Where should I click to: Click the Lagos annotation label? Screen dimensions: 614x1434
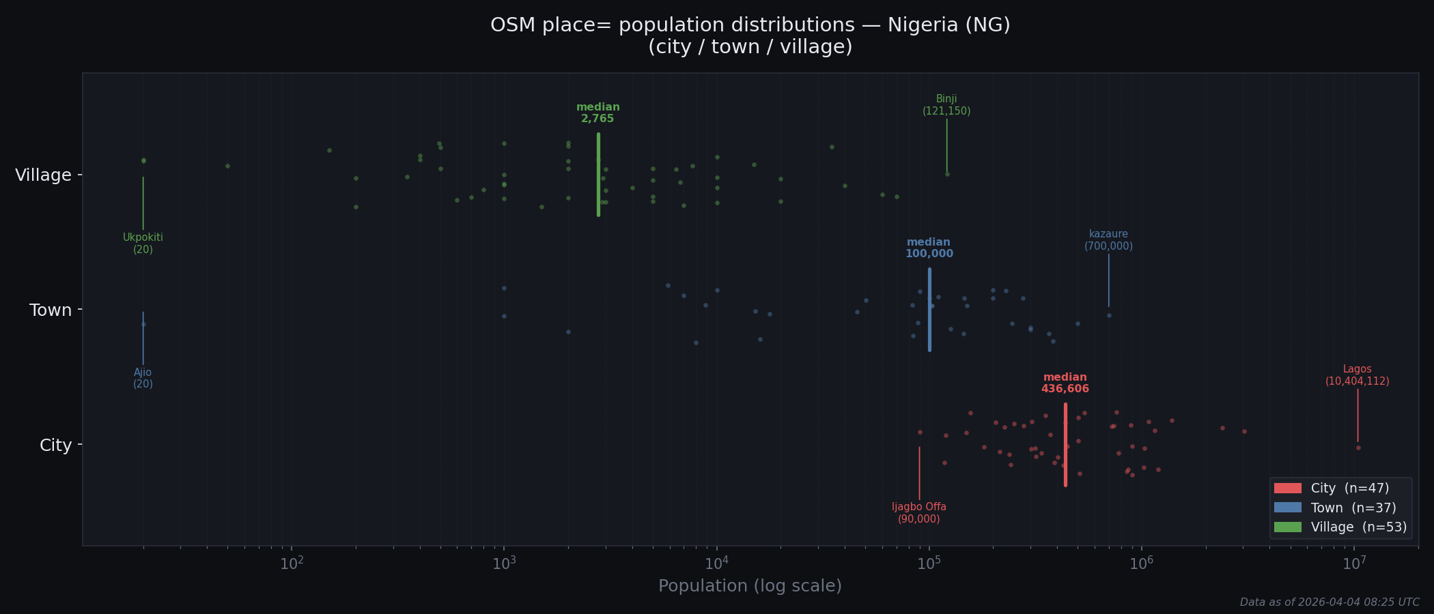point(1357,375)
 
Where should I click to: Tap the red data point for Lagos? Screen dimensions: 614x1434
point(1358,448)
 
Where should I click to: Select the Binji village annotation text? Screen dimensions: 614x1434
point(946,105)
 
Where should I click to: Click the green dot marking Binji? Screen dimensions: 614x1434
point(947,174)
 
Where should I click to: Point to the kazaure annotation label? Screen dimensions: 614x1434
point(1108,240)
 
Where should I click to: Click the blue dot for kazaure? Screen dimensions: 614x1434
point(1109,315)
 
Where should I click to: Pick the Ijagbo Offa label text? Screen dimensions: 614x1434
point(919,513)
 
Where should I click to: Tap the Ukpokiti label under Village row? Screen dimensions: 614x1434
point(143,244)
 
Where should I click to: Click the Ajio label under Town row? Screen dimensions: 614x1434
point(143,378)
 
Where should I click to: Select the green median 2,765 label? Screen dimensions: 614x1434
point(597,113)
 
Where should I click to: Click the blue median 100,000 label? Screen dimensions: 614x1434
point(929,248)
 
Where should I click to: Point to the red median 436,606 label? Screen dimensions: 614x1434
point(1065,383)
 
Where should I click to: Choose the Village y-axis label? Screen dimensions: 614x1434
point(44,175)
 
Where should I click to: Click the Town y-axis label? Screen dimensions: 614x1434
point(51,310)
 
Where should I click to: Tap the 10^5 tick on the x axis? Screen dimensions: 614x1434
point(929,563)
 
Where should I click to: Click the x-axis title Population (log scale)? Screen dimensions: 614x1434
point(750,586)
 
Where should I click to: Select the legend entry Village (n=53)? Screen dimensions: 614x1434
point(1358,527)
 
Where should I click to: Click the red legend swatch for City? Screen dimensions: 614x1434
point(1287,488)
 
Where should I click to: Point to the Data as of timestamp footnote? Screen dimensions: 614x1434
point(1330,602)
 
